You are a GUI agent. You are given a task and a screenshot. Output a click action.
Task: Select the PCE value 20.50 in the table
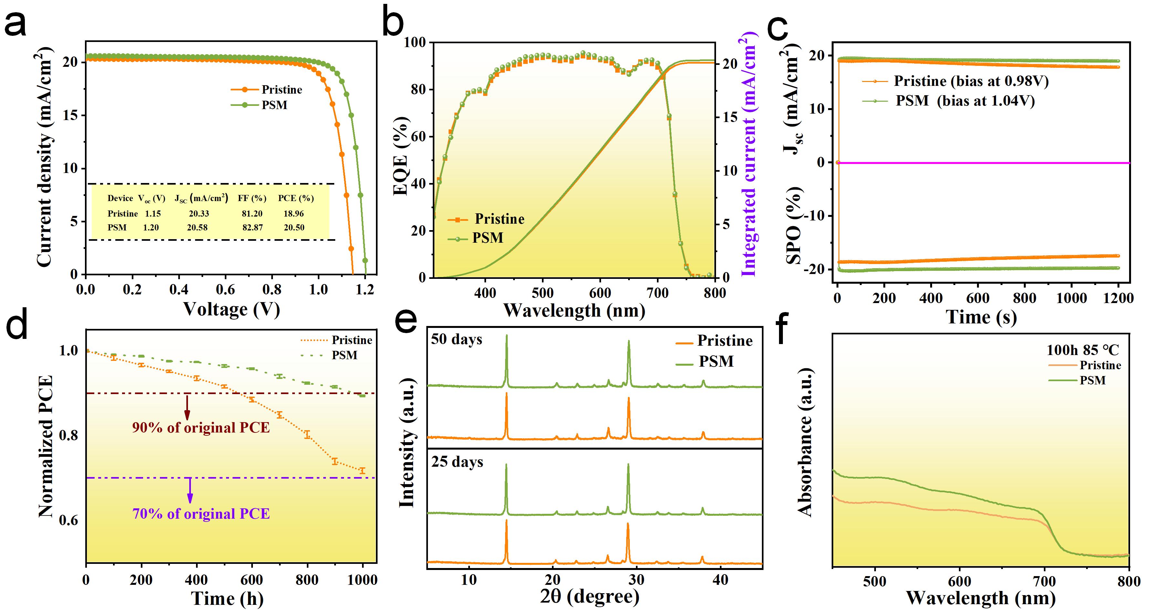point(294,228)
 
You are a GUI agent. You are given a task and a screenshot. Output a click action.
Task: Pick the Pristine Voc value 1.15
point(153,214)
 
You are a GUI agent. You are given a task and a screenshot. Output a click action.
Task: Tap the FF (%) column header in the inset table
point(252,198)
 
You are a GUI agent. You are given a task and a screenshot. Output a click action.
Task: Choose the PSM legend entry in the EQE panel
point(487,238)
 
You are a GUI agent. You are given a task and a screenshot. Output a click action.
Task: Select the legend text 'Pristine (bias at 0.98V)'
point(971,81)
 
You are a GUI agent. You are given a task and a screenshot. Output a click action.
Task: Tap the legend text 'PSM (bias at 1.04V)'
point(965,101)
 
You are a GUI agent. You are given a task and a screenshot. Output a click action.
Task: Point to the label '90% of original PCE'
point(201,428)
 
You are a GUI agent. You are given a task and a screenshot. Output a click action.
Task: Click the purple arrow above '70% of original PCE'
point(190,491)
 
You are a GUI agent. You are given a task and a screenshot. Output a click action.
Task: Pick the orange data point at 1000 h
point(362,471)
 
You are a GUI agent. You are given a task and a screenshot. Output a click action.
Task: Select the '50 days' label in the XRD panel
point(457,340)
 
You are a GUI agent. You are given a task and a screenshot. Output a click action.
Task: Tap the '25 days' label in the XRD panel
point(457,462)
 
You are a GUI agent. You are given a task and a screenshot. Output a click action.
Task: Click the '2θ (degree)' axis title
point(589,596)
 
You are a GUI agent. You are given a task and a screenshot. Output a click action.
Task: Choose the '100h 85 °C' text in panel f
point(1082,350)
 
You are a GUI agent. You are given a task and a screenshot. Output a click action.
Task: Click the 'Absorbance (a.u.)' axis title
point(805,443)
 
